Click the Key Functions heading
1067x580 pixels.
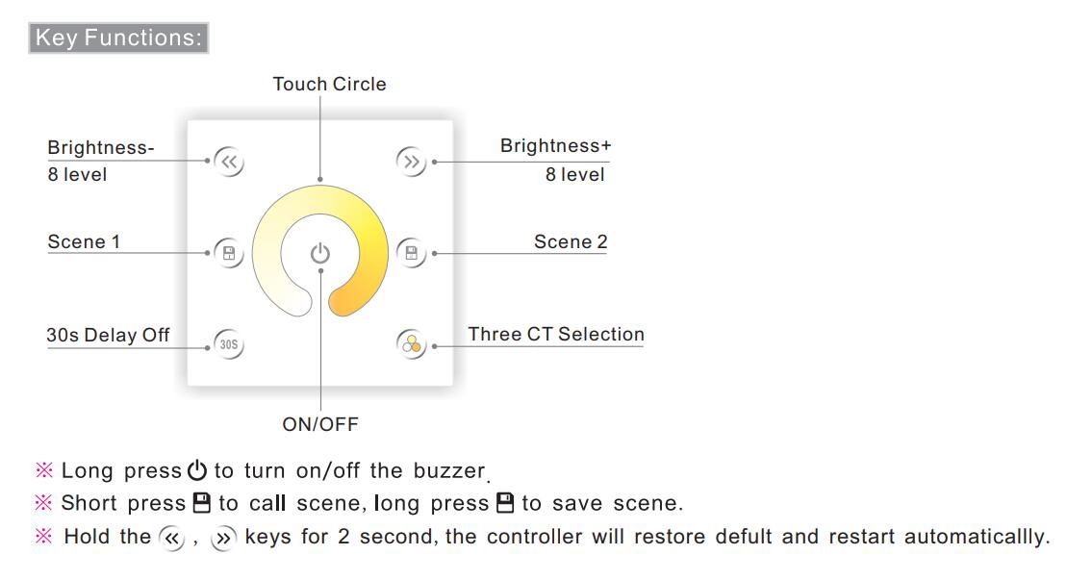pyautogui.click(x=118, y=38)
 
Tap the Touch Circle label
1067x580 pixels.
pyautogui.click(x=329, y=85)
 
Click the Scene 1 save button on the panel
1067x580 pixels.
pyautogui.click(x=229, y=253)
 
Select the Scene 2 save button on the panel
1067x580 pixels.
pyautogui.click(x=411, y=253)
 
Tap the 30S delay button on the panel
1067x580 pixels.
pyautogui.click(x=229, y=344)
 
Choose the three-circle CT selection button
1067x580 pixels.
pyautogui.click(x=411, y=344)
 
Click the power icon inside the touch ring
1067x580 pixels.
pyautogui.click(x=319, y=253)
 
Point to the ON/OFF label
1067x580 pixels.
pyautogui.click(x=320, y=424)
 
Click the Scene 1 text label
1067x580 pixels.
pyautogui.click(x=84, y=242)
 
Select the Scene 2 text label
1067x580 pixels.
pyautogui.click(x=571, y=242)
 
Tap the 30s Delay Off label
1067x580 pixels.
pyautogui.click(x=108, y=336)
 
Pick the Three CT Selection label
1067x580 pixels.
pyautogui.click(x=556, y=335)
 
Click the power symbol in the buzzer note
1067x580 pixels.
pyautogui.click(x=197, y=469)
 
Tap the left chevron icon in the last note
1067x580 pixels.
pyautogui.click(x=171, y=539)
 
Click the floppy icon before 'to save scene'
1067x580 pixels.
pyautogui.click(x=505, y=503)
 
